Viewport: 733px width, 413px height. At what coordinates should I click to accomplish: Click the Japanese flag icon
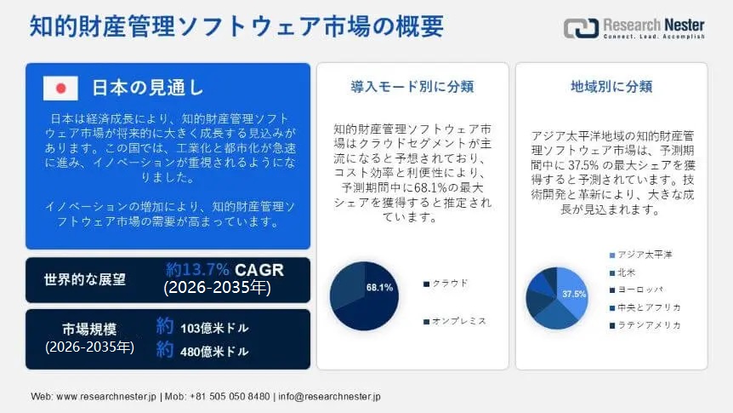pyautogui.click(x=60, y=88)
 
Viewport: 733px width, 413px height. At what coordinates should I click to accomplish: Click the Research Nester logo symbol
pyautogui.click(x=581, y=28)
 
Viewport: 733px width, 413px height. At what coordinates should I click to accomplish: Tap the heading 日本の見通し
pyautogui.click(x=148, y=88)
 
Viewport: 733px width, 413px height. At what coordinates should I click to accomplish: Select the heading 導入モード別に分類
pyautogui.click(x=412, y=87)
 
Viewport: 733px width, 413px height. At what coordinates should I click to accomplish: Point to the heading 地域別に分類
pyautogui.click(x=611, y=87)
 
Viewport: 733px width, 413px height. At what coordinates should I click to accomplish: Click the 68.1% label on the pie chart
pyautogui.click(x=379, y=288)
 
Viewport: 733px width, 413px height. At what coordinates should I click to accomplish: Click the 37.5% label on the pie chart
pyautogui.click(x=574, y=294)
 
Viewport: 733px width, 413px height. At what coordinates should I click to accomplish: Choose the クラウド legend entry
pyautogui.click(x=446, y=284)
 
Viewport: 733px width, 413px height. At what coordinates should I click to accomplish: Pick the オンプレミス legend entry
pyautogui.click(x=455, y=321)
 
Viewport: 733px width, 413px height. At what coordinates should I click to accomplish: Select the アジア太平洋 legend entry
pyautogui.click(x=641, y=255)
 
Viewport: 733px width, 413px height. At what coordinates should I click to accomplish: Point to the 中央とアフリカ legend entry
pyautogui.click(x=645, y=307)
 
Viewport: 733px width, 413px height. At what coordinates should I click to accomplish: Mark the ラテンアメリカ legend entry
pyautogui.click(x=645, y=325)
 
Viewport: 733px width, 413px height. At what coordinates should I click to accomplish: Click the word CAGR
pyautogui.click(x=259, y=270)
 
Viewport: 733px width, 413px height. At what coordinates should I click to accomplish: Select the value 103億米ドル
pyautogui.click(x=214, y=328)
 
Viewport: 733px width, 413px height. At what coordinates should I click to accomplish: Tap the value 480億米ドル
pyautogui.click(x=214, y=351)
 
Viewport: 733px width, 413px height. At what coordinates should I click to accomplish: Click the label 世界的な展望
pyautogui.click(x=85, y=279)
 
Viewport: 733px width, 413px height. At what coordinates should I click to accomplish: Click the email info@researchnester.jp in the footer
pyautogui.click(x=330, y=397)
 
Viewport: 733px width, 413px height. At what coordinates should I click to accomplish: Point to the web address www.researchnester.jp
pyautogui.click(x=106, y=397)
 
